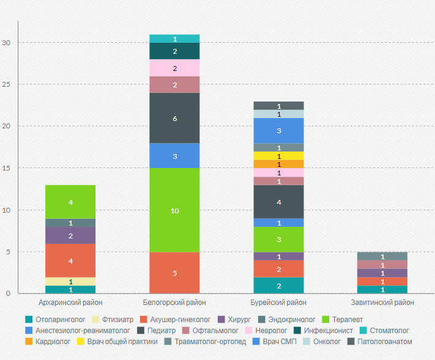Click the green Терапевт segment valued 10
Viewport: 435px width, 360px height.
click(x=174, y=210)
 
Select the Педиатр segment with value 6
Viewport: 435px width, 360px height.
click(x=174, y=118)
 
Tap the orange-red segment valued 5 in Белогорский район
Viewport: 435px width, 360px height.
click(x=174, y=273)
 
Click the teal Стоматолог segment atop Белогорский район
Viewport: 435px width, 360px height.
click(x=174, y=39)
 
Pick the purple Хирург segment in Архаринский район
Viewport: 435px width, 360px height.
click(x=70, y=235)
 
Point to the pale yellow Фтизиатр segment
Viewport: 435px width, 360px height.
click(x=70, y=281)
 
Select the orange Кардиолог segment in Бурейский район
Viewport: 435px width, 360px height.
click(x=278, y=164)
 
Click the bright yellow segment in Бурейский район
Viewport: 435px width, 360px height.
click(x=278, y=156)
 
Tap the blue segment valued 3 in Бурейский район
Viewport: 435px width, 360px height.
click(x=278, y=130)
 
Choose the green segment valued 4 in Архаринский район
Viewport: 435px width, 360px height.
click(x=70, y=202)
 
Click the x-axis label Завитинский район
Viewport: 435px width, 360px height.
click(x=382, y=303)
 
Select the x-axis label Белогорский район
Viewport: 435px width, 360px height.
click(x=174, y=303)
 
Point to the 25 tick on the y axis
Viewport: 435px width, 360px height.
click(x=7, y=84)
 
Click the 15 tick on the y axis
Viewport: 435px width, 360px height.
click(x=7, y=168)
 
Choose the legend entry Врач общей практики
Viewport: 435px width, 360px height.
click(x=120, y=341)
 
